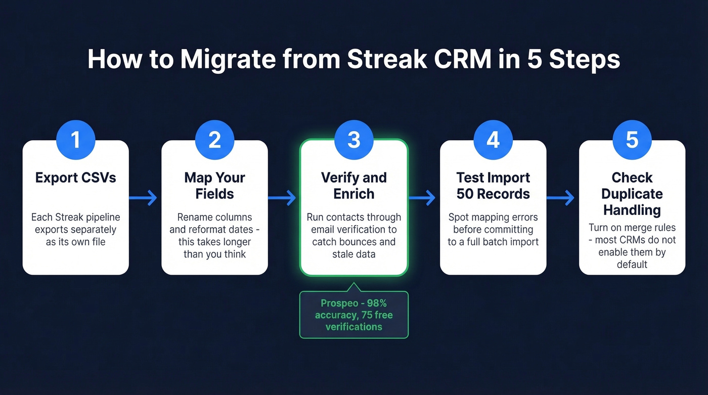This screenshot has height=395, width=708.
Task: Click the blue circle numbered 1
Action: click(x=75, y=140)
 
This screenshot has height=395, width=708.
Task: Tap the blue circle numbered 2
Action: click(x=214, y=140)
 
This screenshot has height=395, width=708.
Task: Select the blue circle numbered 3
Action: click(x=353, y=140)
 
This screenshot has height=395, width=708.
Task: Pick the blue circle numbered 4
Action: click(x=493, y=140)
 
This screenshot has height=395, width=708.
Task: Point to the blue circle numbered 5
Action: click(x=632, y=140)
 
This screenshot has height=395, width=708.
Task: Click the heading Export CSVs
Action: click(x=75, y=178)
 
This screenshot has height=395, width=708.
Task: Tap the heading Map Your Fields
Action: click(x=214, y=186)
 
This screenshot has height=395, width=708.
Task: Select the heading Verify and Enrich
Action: click(x=353, y=186)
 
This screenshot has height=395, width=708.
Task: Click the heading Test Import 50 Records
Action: click(x=493, y=186)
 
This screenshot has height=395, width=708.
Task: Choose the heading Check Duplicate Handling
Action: click(x=632, y=194)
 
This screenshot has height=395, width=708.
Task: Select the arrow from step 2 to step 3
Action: click(x=283, y=198)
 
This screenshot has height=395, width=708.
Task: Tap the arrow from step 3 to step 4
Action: click(x=423, y=198)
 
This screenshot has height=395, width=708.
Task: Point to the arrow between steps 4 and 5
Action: click(x=562, y=198)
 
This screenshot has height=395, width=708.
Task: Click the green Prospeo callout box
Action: click(x=353, y=315)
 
